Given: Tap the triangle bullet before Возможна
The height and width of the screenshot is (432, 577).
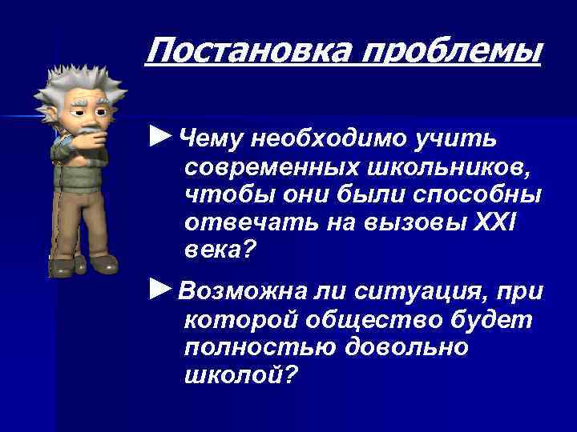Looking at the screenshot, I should click(x=161, y=286).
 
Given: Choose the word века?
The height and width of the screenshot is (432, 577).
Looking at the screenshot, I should click(x=218, y=251).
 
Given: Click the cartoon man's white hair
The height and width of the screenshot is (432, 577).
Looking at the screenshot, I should click(x=75, y=79).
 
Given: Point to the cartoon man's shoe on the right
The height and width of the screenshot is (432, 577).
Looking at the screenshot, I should click(x=103, y=264).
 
